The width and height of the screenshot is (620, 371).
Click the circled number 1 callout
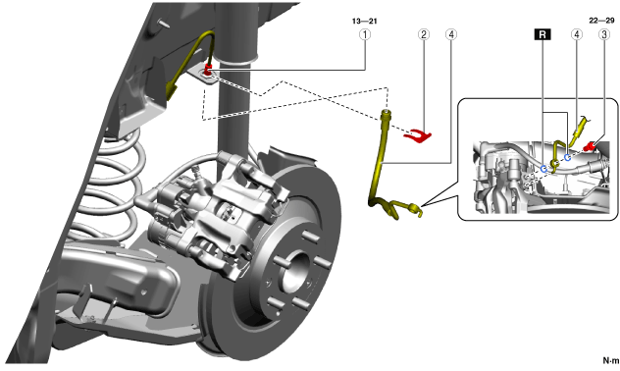[365, 34]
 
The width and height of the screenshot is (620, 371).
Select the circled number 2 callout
[424, 34]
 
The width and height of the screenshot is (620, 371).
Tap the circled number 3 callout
[603, 34]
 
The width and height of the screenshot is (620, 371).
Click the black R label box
[542, 34]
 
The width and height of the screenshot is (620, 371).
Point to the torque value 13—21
[364, 21]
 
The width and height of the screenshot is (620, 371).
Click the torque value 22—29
[601, 21]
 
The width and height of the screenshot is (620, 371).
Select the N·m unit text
[611, 360]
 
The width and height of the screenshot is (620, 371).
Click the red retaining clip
[418, 136]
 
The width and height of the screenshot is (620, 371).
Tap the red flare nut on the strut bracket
[208, 70]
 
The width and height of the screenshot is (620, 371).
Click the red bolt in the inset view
[592, 146]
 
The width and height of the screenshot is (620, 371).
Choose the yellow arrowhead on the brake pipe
[172, 90]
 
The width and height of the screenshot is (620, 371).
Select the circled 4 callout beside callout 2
[451, 34]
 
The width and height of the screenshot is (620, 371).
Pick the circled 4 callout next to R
[577, 34]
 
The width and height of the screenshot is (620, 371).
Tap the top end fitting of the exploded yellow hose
[387, 116]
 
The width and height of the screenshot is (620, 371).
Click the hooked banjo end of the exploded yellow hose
[415, 210]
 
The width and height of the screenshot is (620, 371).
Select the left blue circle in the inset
[544, 169]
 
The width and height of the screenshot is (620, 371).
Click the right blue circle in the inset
[567, 157]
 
